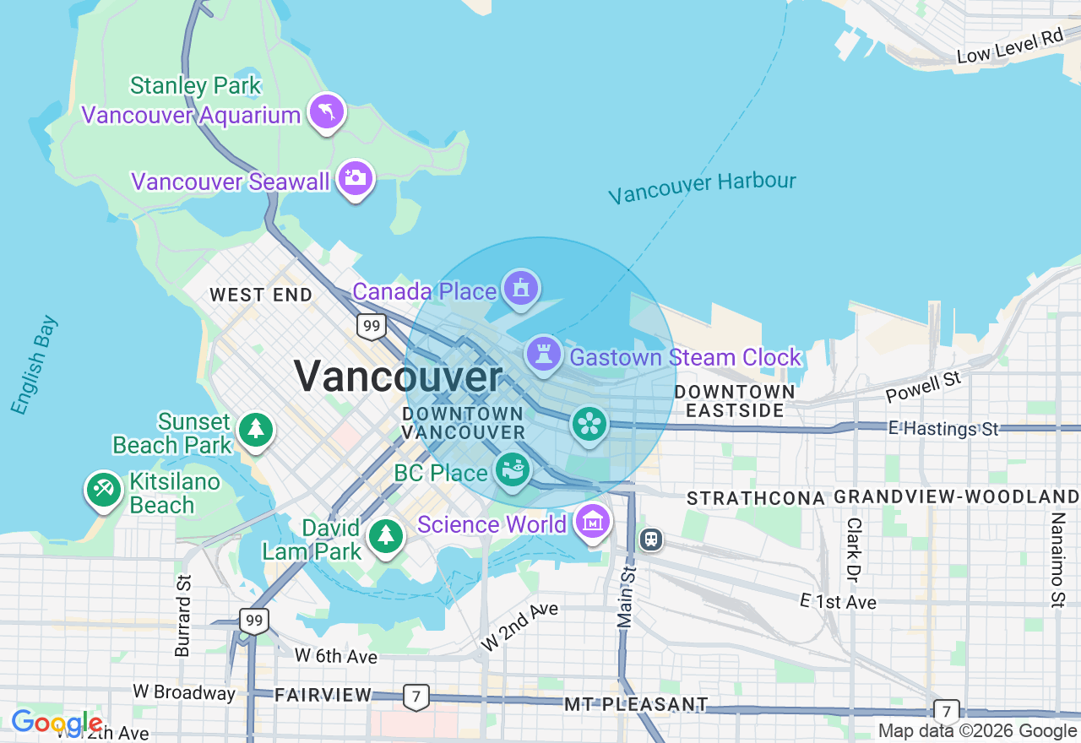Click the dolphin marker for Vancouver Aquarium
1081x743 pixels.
coord(327,111)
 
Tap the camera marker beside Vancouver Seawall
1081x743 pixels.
coord(355,177)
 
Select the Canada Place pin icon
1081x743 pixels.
coord(521,289)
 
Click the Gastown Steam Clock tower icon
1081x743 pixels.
coord(544,355)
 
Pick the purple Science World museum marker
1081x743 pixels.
coord(593,523)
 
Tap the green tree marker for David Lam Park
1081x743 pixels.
coord(386,535)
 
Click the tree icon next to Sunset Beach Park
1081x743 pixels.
coord(255,429)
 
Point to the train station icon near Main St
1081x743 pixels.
coord(651,539)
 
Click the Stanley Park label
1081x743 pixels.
coord(195,86)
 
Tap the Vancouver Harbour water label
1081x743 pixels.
coord(702,187)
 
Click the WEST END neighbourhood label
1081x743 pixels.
coord(261,295)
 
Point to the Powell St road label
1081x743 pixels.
coord(923,388)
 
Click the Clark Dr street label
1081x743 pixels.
coord(853,550)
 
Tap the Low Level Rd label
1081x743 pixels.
coord(1009,47)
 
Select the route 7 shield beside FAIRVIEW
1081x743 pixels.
coord(415,697)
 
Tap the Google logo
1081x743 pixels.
coord(56,723)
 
